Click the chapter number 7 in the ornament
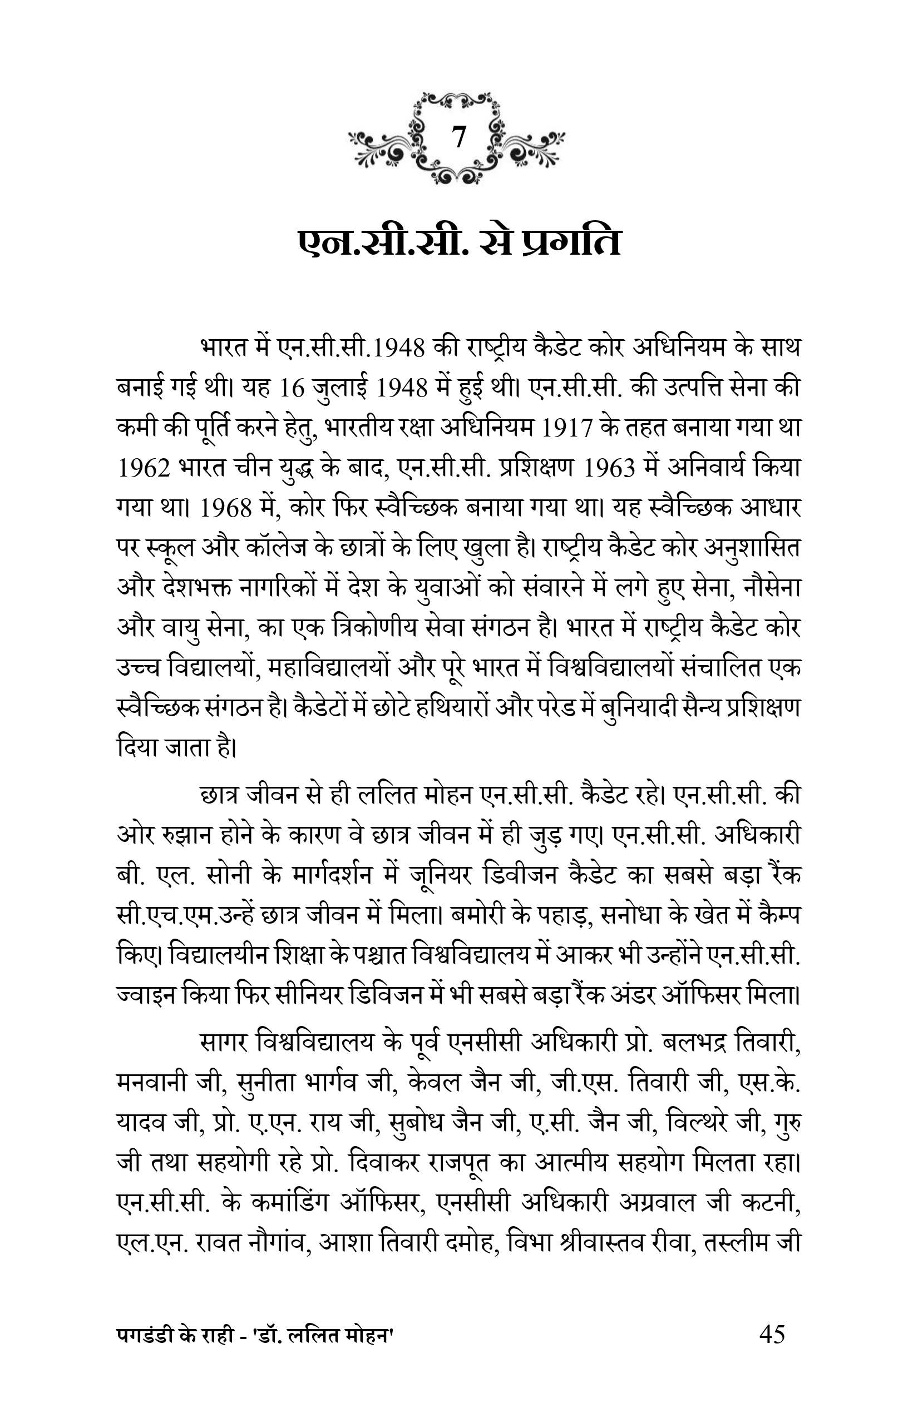[458, 138]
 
